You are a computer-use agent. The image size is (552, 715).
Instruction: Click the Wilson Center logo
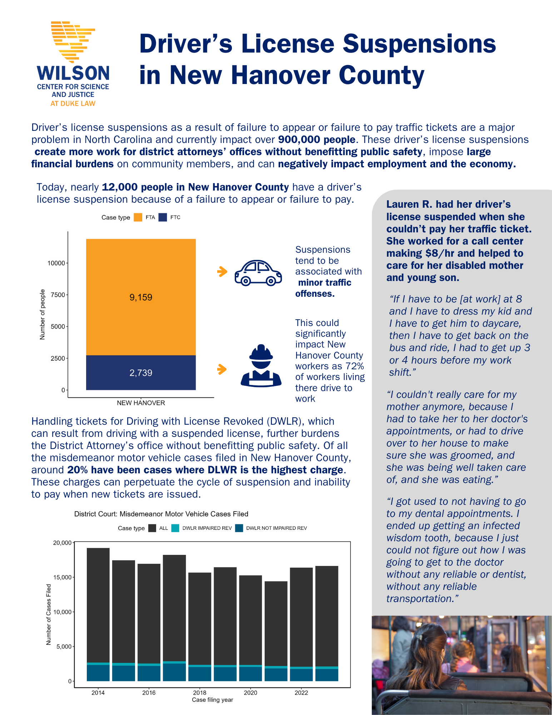pyautogui.click(x=73, y=64)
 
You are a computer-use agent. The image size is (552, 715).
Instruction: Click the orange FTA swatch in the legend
pyautogui.click(x=138, y=217)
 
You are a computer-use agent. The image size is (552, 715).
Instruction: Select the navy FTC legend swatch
pyautogui.click(x=163, y=217)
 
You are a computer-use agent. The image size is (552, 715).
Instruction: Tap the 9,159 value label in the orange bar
pyautogui.click(x=141, y=297)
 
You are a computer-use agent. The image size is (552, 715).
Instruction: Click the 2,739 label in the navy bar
pyautogui.click(x=141, y=373)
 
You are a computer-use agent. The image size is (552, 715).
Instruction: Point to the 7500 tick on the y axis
pyautogui.click(x=58, y=295)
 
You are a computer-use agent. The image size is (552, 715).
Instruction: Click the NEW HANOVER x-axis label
pyautogui.click(x=141, y=403)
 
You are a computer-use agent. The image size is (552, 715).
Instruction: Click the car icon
pyautogui.click(x=258, y=273)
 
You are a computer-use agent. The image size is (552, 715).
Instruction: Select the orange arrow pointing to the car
pyautogui.click(x=222, y=272)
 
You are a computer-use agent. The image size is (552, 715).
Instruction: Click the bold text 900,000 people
pyautogui.click(x=317, y=139)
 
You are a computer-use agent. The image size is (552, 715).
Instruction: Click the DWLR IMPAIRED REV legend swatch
pyautogui.click(x=175, y=528)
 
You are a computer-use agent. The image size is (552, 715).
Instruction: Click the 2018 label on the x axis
pyautogui.click(x=200, y=692)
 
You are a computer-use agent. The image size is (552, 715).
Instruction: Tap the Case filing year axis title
pyautogui.click(x=212, y=700)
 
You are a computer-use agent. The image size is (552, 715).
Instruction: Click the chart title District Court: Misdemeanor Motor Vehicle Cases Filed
pyautogui.click(x=161, y=514)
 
